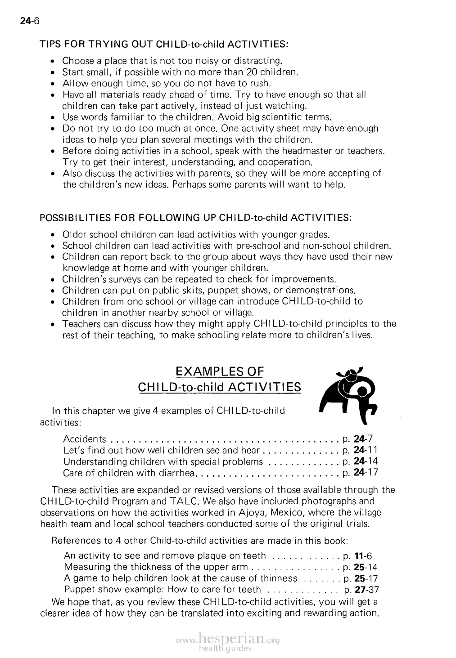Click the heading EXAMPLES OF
click(219, 372)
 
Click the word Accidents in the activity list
click(85, 439)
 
